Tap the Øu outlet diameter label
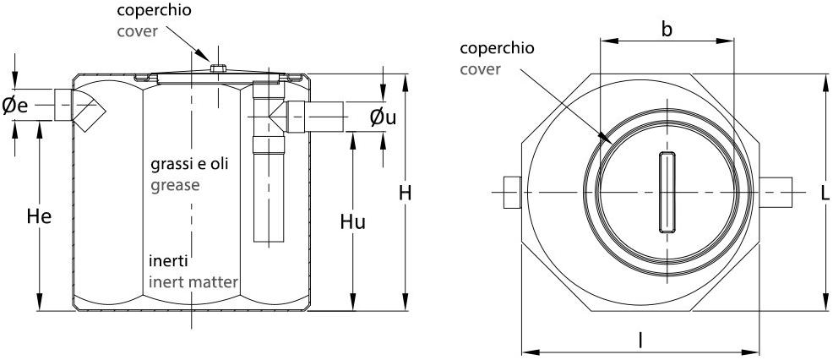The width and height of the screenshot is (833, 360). point(383,118)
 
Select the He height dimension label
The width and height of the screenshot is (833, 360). point(39,217)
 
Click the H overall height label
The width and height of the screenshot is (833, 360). point(406,194)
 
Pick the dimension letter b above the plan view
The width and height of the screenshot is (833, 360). point(667,30)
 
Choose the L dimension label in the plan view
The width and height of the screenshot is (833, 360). point(824,194)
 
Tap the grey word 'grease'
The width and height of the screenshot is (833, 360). point(175,184)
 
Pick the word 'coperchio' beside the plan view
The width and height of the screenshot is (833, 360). point(492,47)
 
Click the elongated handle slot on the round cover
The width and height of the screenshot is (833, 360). point(665,193)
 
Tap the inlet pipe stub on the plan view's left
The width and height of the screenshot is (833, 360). point(510,193)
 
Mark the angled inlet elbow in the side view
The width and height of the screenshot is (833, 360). point(88,110)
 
